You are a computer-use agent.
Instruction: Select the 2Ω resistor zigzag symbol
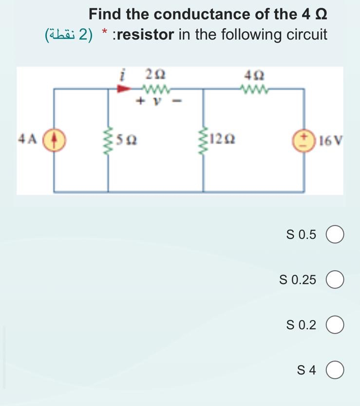[x=155, y=89]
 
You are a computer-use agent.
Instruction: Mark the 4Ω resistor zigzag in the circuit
[x=255, y=89]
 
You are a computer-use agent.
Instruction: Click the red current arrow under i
[x=125, y=89]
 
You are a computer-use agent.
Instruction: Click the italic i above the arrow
[x=124, y=75]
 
